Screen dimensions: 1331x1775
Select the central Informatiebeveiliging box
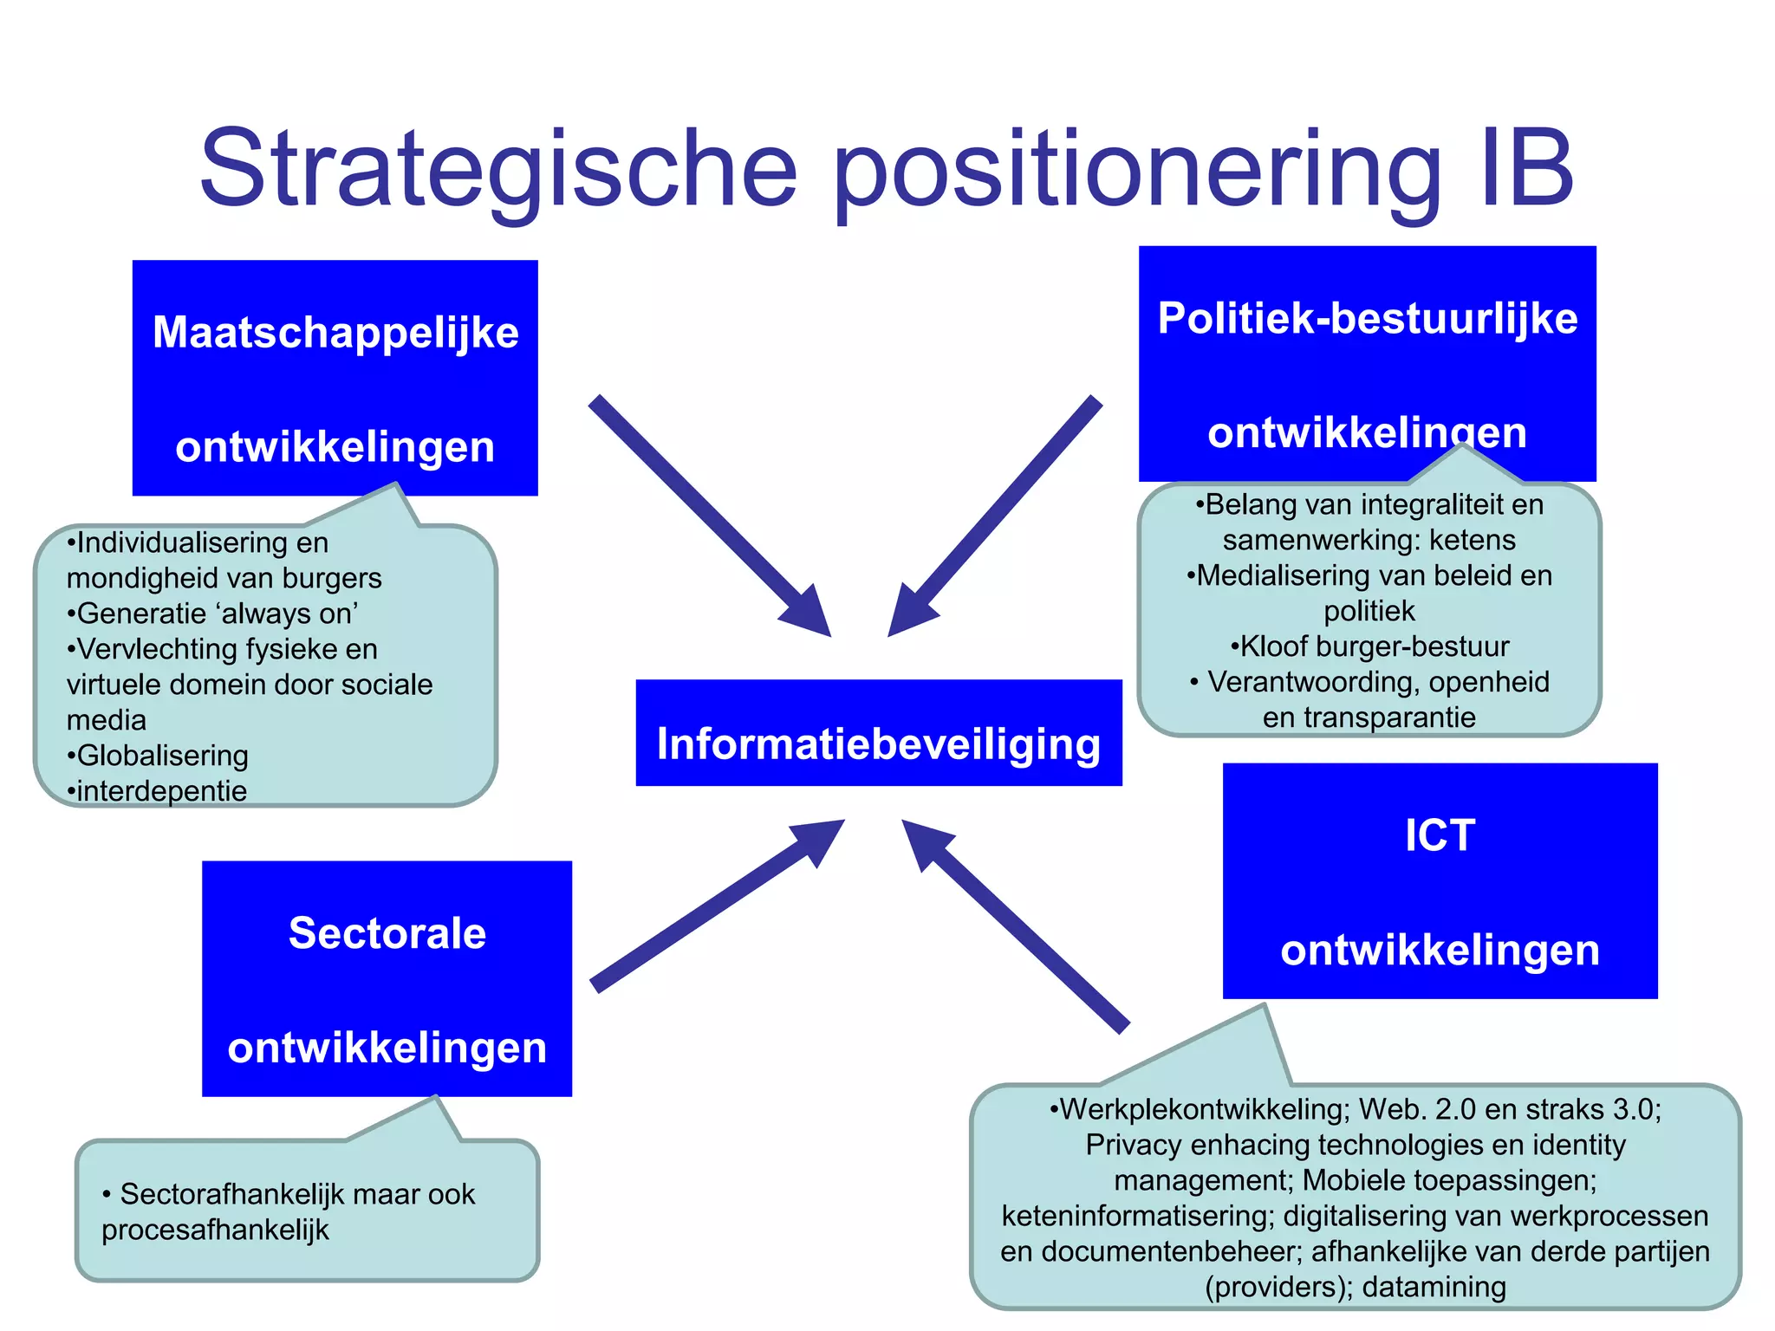(x=878, y=734)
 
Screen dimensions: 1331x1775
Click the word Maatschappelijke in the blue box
(x=335, y=333)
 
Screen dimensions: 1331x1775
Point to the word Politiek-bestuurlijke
(x=1367, y=318)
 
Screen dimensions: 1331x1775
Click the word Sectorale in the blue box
(x=387, y=934)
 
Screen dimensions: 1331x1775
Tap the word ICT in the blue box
(x=1440, y=836)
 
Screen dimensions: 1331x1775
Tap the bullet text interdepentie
(x=161, y=791)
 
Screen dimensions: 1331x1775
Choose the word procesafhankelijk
(x=215, y=1230)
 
